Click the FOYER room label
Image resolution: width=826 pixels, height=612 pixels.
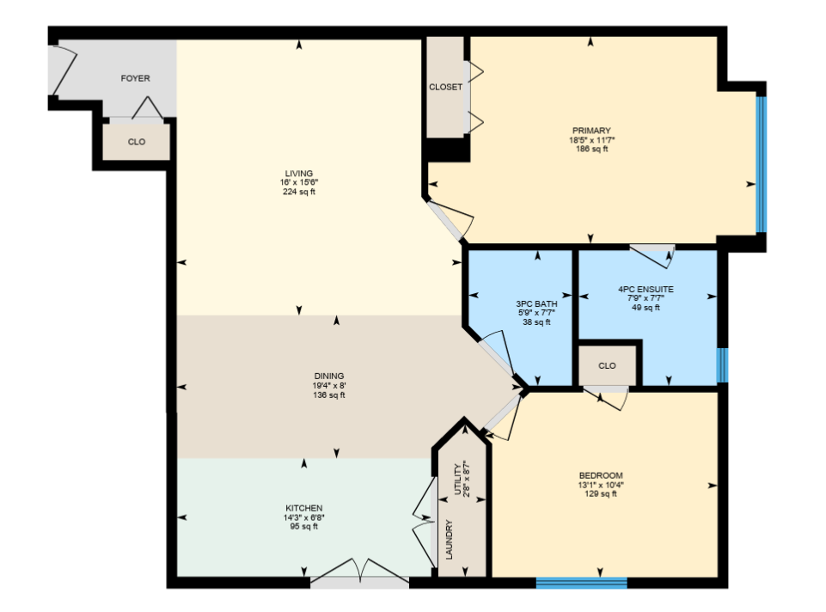(136, 78)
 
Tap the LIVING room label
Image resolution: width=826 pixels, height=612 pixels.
(299, 174)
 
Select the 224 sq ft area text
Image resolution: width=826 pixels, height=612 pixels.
(299, 192)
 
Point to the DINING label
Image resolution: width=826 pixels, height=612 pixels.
(329, 376)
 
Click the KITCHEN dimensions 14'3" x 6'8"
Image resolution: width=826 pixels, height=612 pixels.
(304, 517)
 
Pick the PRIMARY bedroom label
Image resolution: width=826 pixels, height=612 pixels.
(591, 131)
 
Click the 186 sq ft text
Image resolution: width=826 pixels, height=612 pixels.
(591, 149)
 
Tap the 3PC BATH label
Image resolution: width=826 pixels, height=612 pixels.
(537, 304)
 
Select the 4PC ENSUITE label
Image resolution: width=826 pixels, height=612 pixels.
(646, 289)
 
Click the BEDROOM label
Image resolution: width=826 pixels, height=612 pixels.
(601, 475)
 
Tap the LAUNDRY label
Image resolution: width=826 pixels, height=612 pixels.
(450, 540)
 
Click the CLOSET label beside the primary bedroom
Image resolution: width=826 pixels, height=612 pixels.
(445, 87)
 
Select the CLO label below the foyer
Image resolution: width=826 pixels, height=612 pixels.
(137, 142)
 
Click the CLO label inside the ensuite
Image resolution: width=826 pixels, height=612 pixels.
(607, 365)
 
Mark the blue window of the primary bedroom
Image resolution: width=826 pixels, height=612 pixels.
(762, 164)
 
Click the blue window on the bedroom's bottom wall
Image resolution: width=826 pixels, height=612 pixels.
(582, 583)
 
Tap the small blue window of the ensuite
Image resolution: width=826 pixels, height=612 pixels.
(722, 365)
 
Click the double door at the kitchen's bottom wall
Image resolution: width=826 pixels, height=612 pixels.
(359, 574)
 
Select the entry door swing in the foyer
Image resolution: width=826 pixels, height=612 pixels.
(64, 71)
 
